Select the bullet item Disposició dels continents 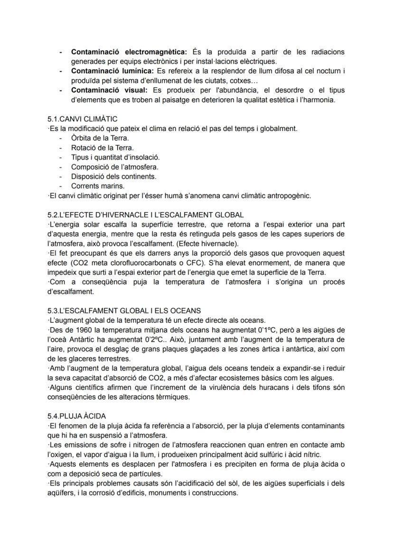pyautogui.click(x=113, y=177)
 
